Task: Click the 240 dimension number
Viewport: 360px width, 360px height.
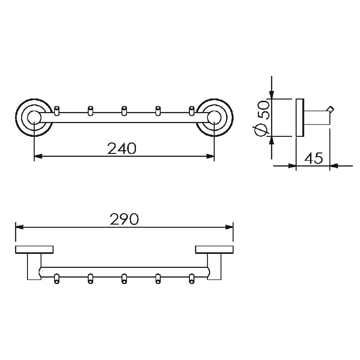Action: (121, 148)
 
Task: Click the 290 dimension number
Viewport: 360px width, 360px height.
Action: (124, 219)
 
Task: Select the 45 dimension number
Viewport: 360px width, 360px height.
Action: (313, 158)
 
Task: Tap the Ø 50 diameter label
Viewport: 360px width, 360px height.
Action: (262, 118)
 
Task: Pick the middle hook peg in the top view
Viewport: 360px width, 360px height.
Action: (124, 110)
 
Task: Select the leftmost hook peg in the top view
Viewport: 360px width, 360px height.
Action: (57, 110)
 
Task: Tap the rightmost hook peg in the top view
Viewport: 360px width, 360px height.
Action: (192, 110)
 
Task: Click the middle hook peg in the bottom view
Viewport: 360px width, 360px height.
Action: (124, 279)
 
